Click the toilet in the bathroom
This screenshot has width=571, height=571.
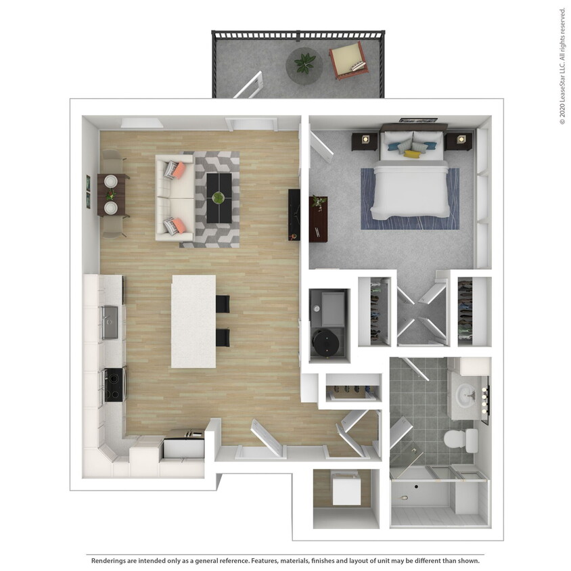[x=459, y=438]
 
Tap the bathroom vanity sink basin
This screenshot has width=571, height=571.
[x=466, y=393]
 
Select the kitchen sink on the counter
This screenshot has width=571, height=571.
[x=110, y=322]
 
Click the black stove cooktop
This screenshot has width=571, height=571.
[x=114, y=384]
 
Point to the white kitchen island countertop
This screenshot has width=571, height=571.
[x=193, y=321]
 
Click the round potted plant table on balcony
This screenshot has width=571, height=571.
[x=304, y=65]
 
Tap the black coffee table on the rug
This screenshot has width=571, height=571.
[x=219, y=198]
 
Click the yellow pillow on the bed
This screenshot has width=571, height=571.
[x=412, y=154]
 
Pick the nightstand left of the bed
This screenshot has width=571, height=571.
[x=365, y=141]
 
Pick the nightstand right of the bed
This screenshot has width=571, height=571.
[x=460, y=140]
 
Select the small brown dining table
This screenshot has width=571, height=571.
[x=112, y=195]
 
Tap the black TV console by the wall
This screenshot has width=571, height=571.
[x=294, y=214]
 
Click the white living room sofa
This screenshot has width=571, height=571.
[x=173, y=197]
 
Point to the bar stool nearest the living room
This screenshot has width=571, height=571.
[x=223, y=304]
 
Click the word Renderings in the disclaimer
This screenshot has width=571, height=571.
[x=111, y=561]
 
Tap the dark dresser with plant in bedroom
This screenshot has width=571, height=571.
[x=318, y=219]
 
